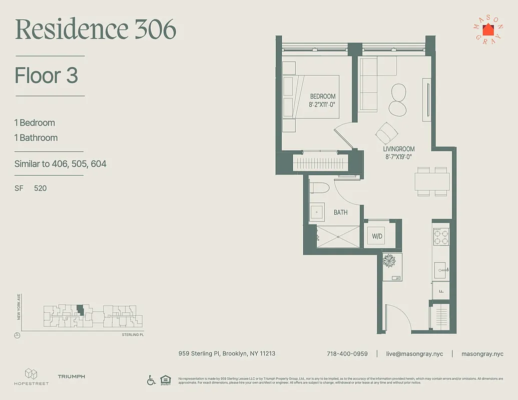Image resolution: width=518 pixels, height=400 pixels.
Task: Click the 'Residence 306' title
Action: click(96, 30)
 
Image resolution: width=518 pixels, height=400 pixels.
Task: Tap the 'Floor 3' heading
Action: click(47, 75)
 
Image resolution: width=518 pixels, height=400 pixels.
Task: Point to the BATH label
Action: click(340, 212)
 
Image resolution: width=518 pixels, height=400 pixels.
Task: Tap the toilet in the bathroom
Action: click(319, 188)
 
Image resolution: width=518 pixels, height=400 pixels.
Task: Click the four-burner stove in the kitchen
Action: click(441, 236)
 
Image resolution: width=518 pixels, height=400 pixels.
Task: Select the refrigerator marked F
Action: click(441, 290)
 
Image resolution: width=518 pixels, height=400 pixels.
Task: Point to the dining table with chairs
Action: click(431, 181)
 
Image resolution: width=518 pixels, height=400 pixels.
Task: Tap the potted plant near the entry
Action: click(389, 260)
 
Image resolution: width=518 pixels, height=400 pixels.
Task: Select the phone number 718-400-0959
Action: click(347, 353)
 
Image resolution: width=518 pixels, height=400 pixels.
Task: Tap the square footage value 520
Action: click(41, 188)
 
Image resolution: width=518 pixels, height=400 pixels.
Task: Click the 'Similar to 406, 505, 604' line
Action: click(60, 164)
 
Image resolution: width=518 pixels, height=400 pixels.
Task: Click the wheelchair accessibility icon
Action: click(151, 380)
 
